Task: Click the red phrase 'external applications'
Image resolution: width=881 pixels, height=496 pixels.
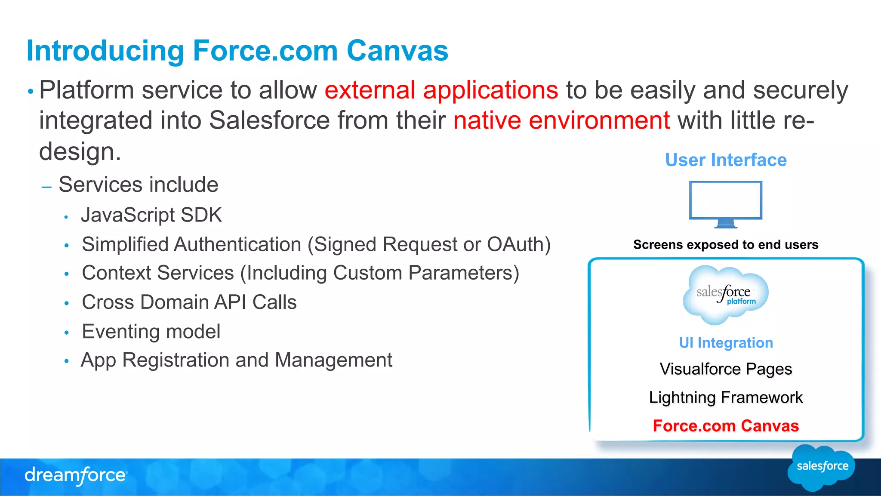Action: [x=441, y=90]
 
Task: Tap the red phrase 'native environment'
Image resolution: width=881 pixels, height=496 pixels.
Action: [x=561, y=120]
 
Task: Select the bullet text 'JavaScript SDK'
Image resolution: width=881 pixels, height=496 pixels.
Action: [x=151, y=215]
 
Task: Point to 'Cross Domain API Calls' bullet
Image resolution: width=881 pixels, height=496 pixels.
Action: [x=189, y=302]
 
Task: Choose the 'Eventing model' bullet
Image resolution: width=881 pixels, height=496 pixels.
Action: [x=151, y=332]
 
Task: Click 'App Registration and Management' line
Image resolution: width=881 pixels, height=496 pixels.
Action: [x=236, y=360]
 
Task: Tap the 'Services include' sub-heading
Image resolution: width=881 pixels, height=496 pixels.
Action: [x=138, y=185]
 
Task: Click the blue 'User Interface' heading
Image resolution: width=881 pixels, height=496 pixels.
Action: [x=726, y=160]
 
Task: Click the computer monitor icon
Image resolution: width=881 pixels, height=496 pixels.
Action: [x=725, y=203]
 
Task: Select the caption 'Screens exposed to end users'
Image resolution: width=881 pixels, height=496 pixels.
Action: [x=725, y=245]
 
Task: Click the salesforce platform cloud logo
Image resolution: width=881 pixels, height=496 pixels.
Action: [x=725, y=295]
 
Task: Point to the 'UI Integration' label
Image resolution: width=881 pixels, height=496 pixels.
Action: [x=726, y=343]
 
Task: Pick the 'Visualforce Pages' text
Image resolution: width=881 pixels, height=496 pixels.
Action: [x=726, y=369]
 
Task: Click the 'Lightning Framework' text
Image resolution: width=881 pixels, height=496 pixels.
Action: [x=726, y=397]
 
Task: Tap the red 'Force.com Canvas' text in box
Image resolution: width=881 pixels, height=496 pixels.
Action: [x=726, y=426]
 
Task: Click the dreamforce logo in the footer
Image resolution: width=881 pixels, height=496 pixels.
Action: [x=76, y=475]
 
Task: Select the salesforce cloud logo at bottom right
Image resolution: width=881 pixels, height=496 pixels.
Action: [x=822, y=467]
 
